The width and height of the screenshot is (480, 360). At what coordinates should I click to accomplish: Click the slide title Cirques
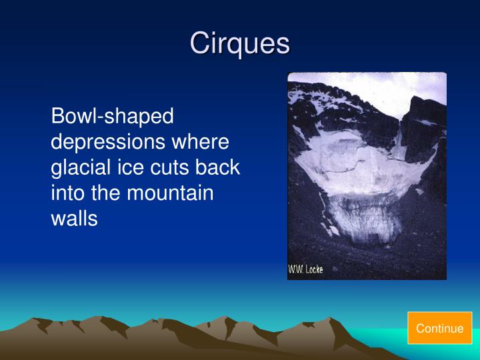[240, 43]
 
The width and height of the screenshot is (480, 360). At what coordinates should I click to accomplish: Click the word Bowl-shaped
[112, 117]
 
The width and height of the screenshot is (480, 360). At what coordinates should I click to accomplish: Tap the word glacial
[78, 167]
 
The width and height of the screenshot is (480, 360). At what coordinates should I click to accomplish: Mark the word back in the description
[217, 167]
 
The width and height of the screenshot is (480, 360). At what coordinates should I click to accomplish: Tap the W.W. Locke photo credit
[305, 270]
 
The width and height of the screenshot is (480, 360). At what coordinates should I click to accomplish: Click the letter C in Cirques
[199, 43]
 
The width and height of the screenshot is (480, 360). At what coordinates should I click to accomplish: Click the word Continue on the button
[439, 328]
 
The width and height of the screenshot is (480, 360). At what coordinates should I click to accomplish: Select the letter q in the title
[235, 45]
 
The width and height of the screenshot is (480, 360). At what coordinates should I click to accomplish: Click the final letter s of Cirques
[283, 44]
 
